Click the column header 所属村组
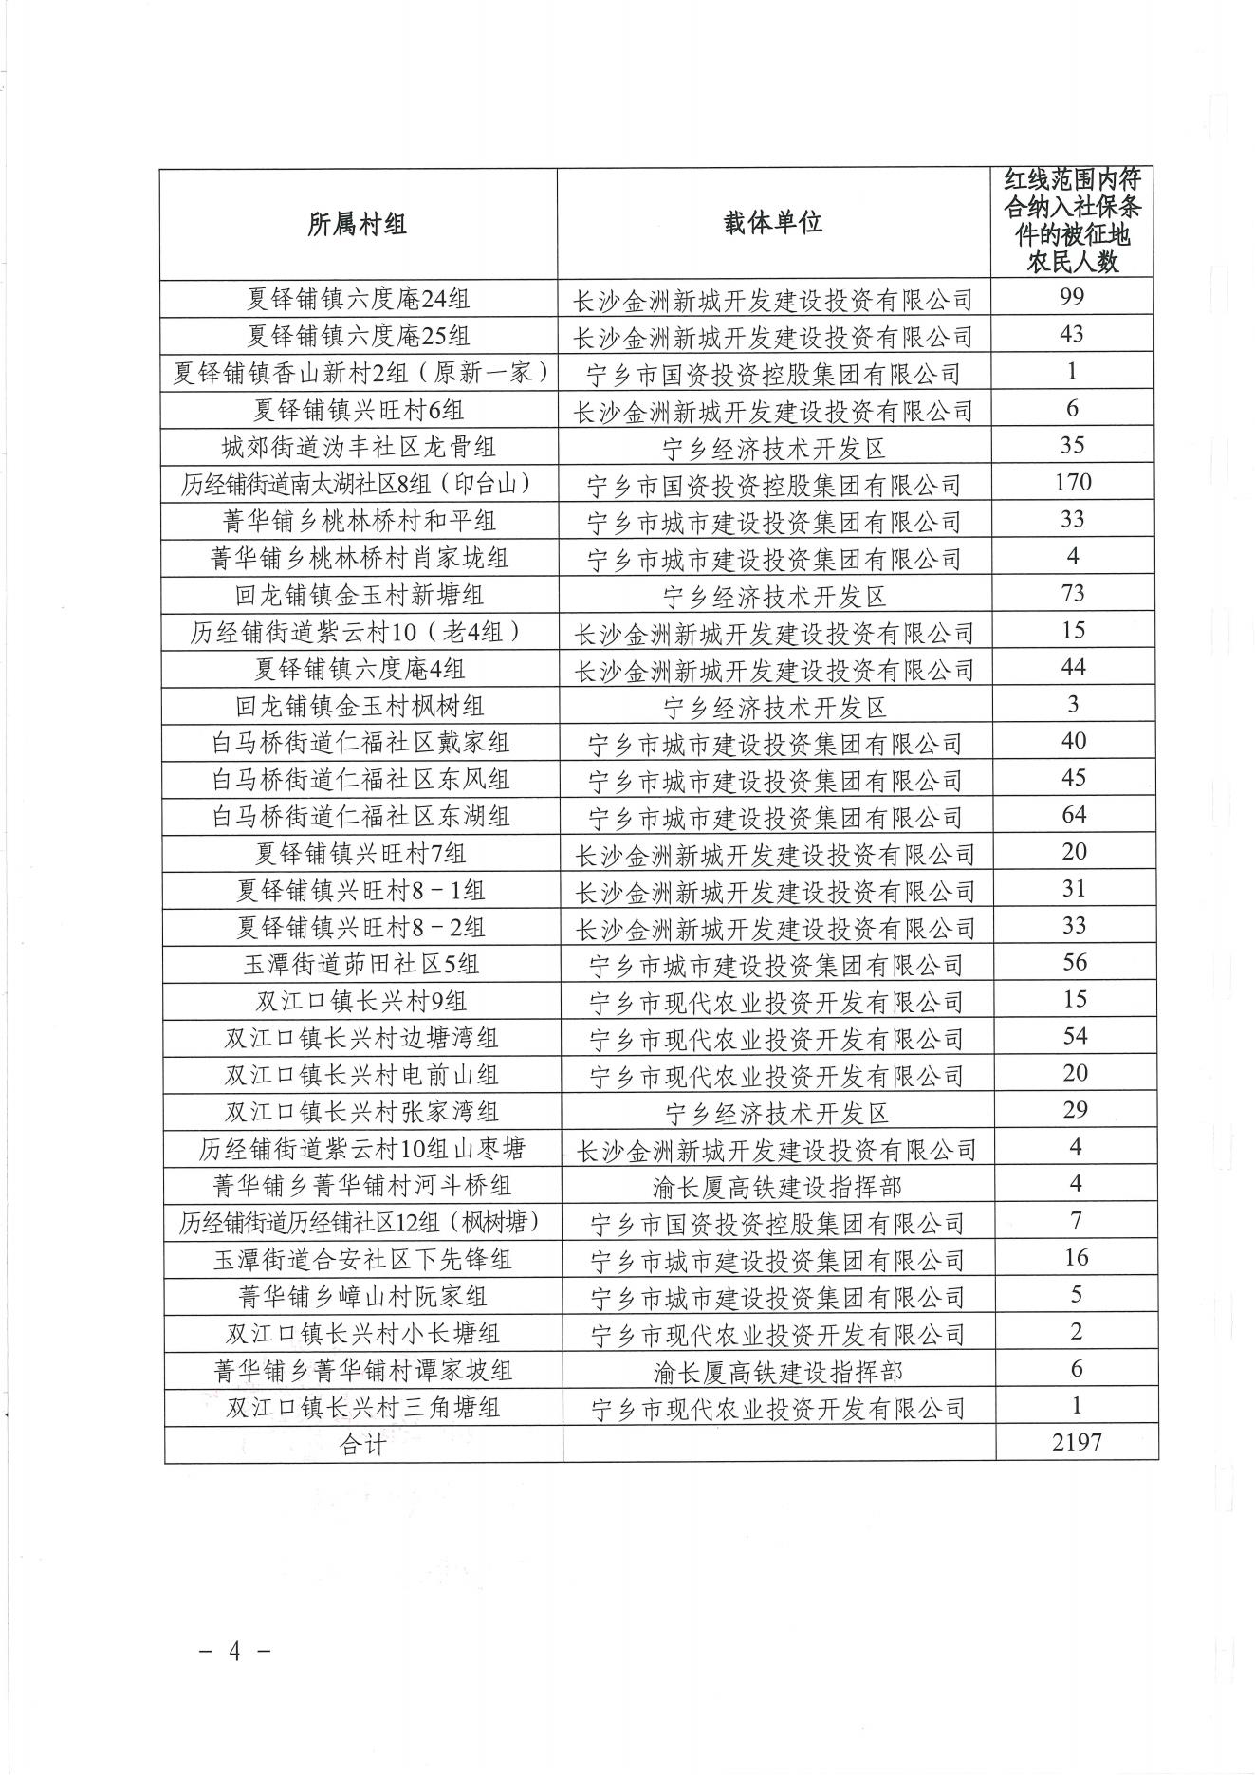pyautogui.click(x=358, y=224)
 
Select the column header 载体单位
pyautogui.click(x=773, y=224)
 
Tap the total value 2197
pyautogui.click(x=1077, y=1443)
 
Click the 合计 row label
pyautogui.click(x=362, y=1445)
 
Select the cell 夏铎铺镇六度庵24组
pyautogui.click(x=359, y=299)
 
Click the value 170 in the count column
pyautogui.click(x=1073, y=482)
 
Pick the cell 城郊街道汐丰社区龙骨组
pyautogui.click(x=359, y=447)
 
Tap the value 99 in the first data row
pyautogui.click(x=1072, y=297)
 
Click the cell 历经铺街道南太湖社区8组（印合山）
pyautogui.click(x=359, y=485)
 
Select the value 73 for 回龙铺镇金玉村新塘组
pyautogui.click(x=1073, y=594)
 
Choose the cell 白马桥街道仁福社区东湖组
pyautogui.click(x=361, y=816)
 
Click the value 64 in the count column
pyautogui.click(x=1074, y=815)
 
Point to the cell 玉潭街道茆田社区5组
pyautogui.click(x=361, y=965)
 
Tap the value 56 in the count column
pyautogui.click(x=1074, y=962)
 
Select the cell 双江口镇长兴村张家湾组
pyautogui.click(x=361, y=1112)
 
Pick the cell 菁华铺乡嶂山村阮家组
pyautogui.click(x=362, y=1297)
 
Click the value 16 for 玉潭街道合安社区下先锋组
pyautogui.click(x=1076, y=1258)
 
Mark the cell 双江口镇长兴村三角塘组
pyautogui.click(x=362, y=1408)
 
